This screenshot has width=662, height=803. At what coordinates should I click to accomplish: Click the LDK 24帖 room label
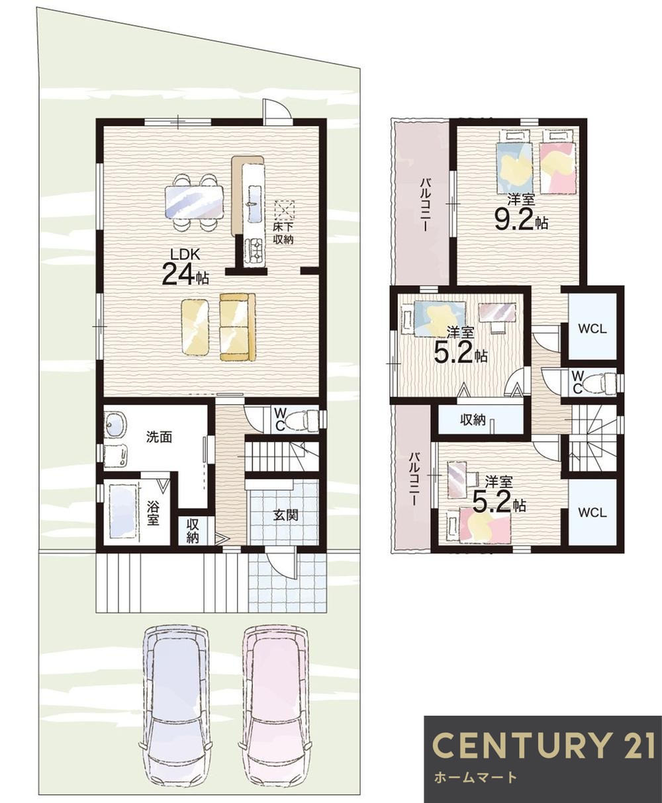[185, 267]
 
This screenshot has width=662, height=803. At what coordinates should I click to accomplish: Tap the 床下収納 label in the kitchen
[283, 234]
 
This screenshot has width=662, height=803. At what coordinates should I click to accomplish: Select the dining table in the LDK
[194, 202]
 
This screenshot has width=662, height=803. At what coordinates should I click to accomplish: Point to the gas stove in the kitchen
[254, 251]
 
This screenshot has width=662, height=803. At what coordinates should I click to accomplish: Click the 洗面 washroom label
[159, 437]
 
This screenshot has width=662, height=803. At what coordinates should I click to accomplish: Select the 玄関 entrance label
[285, 515]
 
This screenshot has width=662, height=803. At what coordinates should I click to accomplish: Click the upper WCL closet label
[592, 329]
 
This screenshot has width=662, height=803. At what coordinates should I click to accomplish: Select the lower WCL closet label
[592, 513]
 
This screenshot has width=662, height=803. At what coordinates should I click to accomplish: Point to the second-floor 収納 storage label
[473, 420]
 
